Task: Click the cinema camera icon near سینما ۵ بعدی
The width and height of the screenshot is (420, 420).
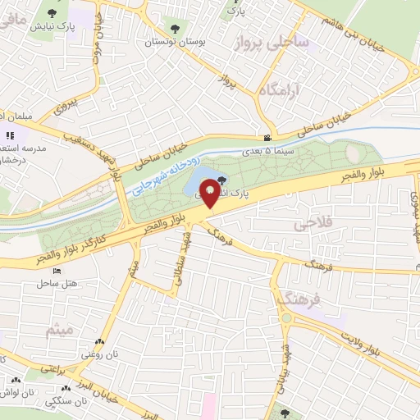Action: pos(267,138)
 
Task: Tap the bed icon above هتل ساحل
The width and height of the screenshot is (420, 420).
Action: pos(57,271)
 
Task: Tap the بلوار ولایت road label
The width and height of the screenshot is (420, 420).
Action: pos(381,336)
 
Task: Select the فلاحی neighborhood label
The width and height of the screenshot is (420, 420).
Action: pos(305,223)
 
